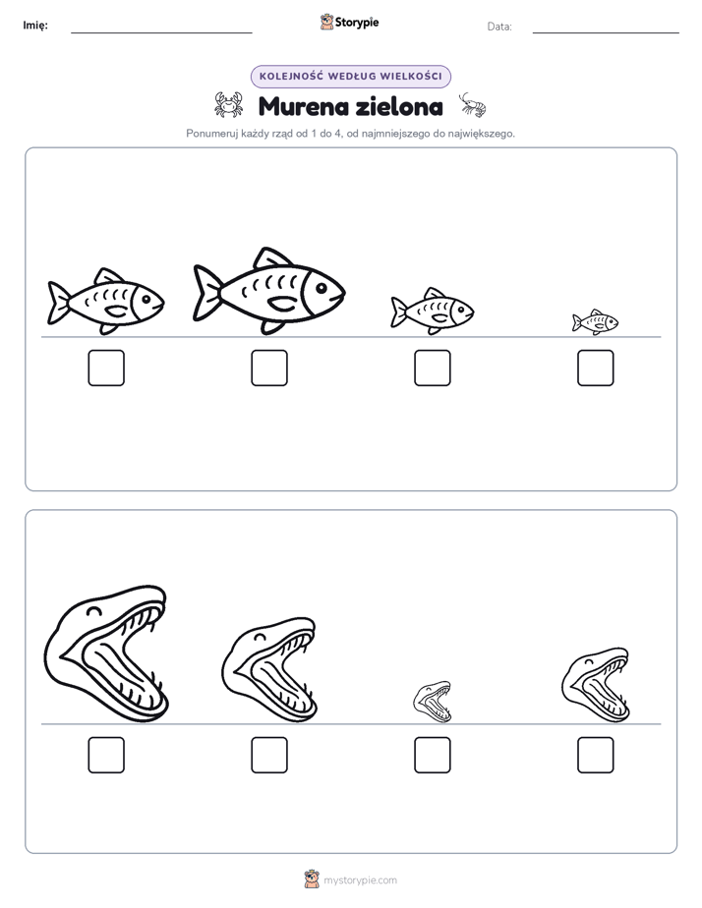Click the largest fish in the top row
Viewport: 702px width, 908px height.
pos(269,291)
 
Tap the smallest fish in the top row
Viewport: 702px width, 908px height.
pos(596,322)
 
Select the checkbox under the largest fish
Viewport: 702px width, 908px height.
pos(269,368)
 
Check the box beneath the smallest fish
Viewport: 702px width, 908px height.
pos(596,368)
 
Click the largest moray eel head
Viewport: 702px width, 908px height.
pos(106,654)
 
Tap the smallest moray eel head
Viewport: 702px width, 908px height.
pos(433,702)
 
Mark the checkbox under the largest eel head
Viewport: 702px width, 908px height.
pos(106,755)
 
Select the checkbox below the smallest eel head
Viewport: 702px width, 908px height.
pos(433,755)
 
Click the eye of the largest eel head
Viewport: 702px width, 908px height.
pos(93,610)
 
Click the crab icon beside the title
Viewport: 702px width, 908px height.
pos(229,105)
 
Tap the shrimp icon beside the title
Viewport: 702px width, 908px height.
pos(473,105)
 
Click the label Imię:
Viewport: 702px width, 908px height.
pos(35,26)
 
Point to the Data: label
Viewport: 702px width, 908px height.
pos(499,27)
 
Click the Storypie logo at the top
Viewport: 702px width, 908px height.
pos(349,22)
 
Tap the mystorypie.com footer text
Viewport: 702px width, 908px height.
pos(360,880)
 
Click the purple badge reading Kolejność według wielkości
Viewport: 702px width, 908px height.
pos(350,77)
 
